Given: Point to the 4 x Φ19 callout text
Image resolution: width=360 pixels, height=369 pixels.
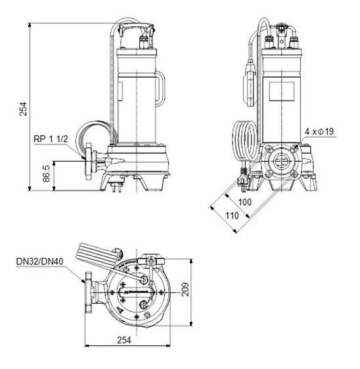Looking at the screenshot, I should tap(320, 132).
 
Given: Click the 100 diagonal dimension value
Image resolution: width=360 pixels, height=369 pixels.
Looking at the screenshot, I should tap(244, 201).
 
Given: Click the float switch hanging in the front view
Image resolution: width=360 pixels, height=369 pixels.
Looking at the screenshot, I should tap(250, 71).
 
